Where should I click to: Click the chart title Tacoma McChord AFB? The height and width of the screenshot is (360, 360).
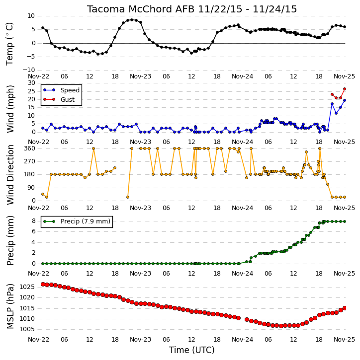[x=140, y=9]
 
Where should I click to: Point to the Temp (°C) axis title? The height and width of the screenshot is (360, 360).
[x=9, y=44]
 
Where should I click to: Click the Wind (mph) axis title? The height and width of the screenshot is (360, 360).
[x=10, y=109]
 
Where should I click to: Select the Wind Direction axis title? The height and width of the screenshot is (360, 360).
[x=10, y=174]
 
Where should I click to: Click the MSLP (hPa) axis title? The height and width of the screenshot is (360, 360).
[x=10, y=306]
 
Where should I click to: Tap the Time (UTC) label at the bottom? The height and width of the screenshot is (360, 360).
[x=192, y=350]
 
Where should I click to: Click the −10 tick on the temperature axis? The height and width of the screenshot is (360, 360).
[x=28, y=70]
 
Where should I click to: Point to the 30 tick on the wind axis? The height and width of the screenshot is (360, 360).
[x=31, y=82]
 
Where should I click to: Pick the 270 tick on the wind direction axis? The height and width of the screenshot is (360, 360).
[x=30, y=161]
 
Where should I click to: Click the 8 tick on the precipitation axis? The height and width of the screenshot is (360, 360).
[x=33, y=221]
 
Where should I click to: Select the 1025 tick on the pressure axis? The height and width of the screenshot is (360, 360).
[x=27, y=287]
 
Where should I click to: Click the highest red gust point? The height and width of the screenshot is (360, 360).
[x=345, y=89]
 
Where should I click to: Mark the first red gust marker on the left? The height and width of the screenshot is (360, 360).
[x=332, y=94]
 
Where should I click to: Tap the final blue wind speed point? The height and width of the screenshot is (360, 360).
[x=345, y=100]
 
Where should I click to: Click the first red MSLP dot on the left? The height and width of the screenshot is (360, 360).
[x=43, y=284]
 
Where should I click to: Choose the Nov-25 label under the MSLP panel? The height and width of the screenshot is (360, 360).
[x=345, y=339]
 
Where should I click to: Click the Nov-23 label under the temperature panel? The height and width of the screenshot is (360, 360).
[x=140, y=76]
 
